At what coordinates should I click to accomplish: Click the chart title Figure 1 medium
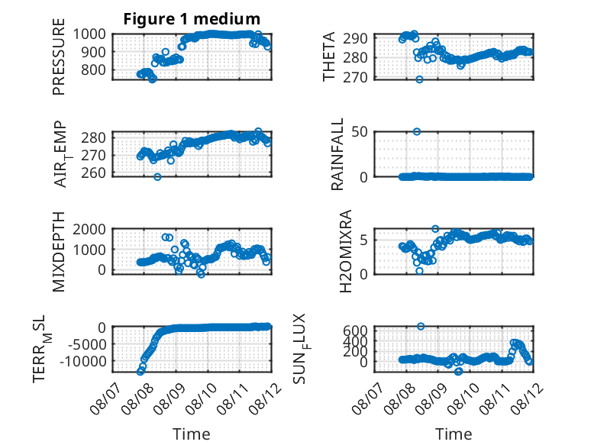pyautogui.click(x=192, y=19)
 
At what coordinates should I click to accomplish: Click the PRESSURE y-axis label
pyautogui.click(x=59, y=56)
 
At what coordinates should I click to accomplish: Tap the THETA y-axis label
pyautogui.click(x=329, y=56)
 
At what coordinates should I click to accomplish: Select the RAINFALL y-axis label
pyautogui.click(x=337, y=154)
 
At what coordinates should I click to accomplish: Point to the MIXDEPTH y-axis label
pyautogui.click(x=59, y=252)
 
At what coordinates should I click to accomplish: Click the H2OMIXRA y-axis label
pyautogui.click(x=345, y=251)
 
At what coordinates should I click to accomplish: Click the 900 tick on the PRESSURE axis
pyautogui.click(x=89, y=52)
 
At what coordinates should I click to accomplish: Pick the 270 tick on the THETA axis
pyautogui.click(x=355, y=78)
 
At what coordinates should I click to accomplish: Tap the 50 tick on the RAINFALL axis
pyautogui.click(x=360, y=132)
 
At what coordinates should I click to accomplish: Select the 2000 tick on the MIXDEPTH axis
pyautogui.click(x=89, y=230)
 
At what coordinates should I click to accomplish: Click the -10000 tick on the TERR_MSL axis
pyautogui.click(x=83, y=362)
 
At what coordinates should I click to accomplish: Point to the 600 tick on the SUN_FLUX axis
pyautogui.click(x=355, y=331)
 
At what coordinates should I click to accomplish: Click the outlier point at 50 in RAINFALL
pyautogui.click(x=417, y=131)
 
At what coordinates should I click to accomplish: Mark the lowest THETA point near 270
pyautogui.click(x=419, y=79)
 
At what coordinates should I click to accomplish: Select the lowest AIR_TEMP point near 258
pyautogui.click(x=157, y=176)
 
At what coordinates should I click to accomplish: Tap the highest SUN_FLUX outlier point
pyautogui.click(x=421, y=326)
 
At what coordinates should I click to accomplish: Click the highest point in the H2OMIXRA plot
pyautogui.click(x=435, y=229)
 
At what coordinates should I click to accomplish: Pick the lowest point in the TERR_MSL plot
pyautogui.click(x=140, y=372)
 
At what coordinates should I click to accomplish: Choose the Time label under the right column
pyautogui.click(x=454, y=434)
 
